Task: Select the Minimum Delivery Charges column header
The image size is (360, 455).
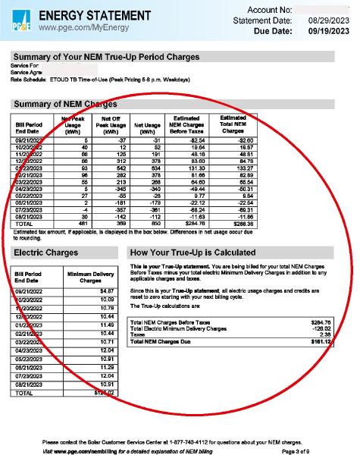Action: (90, 277)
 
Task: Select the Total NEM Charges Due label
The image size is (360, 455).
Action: (164, 342)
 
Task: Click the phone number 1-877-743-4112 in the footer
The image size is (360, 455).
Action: (197, 441)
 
